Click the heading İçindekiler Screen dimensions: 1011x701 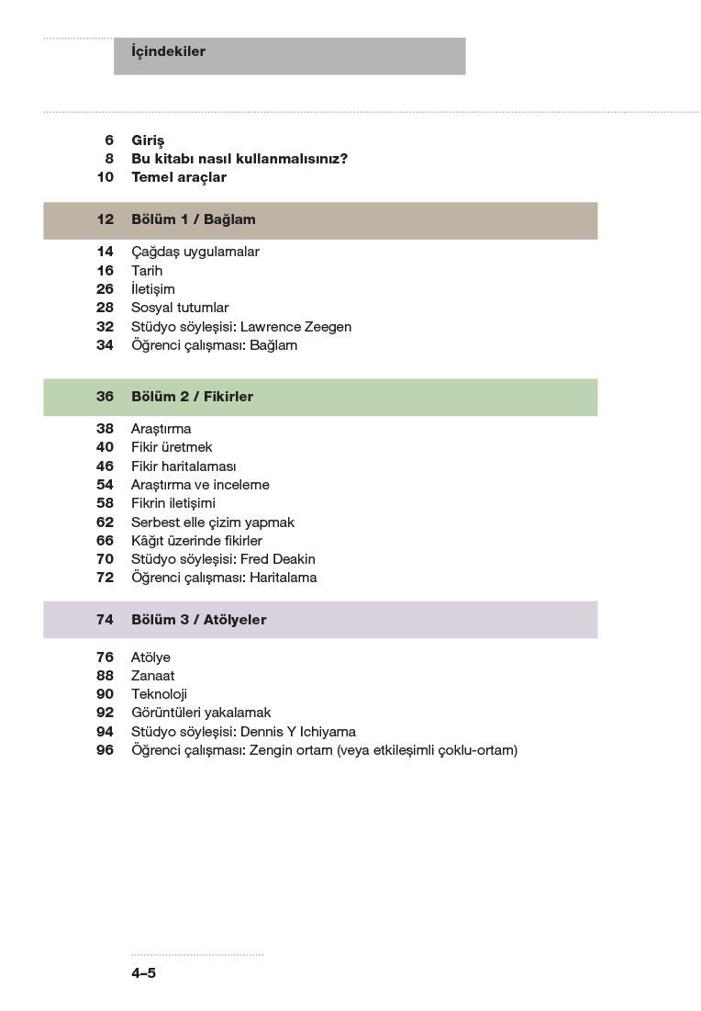click(x=168, y=52)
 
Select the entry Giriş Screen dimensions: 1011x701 click(x=148, y=140)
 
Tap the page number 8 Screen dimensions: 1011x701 click(x=109, y=159)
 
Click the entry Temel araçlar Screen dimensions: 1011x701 click(x=179, y=177)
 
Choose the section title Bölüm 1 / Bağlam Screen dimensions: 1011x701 click(x=194, y=219)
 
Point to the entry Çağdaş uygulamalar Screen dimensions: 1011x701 click(x=195, y=252)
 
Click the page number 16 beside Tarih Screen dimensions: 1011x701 click(x=105, y=271)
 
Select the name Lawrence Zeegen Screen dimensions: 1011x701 click(x=295, y=327)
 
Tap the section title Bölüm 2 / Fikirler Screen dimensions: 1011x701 click(x=192, y=397)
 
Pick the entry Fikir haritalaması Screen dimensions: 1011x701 click(x=184, y=466)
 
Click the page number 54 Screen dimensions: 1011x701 click(x=105, y=485)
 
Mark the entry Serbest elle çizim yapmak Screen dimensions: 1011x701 click(x=213, y=522)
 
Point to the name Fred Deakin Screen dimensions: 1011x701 click(x=277, y=559)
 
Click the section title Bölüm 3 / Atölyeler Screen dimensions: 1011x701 click(x=198, y=620)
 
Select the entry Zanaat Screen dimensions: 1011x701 click(x=152, y=676)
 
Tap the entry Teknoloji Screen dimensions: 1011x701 click(x=159, y=694)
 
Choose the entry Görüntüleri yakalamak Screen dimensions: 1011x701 click(x=201, y=713)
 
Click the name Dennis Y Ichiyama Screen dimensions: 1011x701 click(x=297, y=732)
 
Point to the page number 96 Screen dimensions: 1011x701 click(x=105, y=750)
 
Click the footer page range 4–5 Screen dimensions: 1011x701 click(x=143, y=973)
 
